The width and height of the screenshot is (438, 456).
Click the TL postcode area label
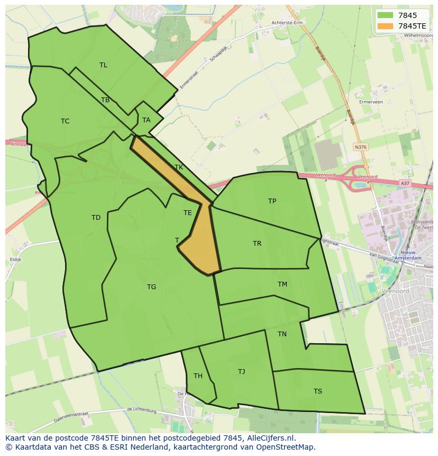(103, 65)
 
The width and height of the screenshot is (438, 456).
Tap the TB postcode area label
(105, 100)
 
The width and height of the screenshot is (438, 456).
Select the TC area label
(65, 121)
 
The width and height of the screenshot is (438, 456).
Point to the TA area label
(147, 120)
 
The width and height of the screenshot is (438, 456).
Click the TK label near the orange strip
(179, 167)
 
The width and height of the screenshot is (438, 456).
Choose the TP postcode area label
(272, 201)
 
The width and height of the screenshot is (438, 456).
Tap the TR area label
(257, 244)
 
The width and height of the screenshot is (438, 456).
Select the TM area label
(282, 284)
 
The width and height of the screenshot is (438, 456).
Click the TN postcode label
(282, 334)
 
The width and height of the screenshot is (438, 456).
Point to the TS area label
(317, 391)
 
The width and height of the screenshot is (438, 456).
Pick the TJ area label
(241, 372)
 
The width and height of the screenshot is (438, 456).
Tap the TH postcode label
(198, 377)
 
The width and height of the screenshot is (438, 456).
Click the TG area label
(151, 287)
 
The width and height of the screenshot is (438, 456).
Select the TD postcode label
(96, 218)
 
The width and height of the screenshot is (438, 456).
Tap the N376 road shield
(360, 147)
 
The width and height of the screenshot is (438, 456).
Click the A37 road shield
(405, 183)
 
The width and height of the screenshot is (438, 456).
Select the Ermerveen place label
(371, 102)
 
